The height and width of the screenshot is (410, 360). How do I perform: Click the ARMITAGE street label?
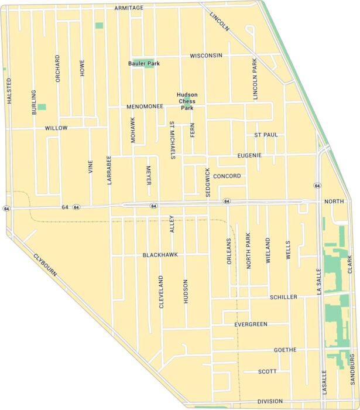(129, 8)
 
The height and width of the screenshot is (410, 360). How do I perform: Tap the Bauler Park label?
(144, 63)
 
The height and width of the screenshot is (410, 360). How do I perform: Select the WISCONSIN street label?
(205, 56)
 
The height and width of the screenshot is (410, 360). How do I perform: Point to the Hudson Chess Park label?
(187, 101)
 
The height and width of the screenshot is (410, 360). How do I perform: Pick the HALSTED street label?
(9, 91)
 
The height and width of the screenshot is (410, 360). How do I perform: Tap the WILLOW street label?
(56, 128)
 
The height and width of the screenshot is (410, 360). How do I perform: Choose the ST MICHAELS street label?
(172, 141)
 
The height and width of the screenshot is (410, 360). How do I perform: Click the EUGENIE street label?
(249, 156)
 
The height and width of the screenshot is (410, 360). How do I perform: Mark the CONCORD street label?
(227, 176)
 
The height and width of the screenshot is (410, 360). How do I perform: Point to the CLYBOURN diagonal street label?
(44, 266)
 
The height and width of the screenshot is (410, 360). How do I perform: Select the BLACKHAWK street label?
(160, 255)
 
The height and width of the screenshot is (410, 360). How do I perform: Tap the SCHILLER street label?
(284, 298)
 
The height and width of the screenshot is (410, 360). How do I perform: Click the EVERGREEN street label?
(251, 324)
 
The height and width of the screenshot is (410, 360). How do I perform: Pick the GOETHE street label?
(285, 350)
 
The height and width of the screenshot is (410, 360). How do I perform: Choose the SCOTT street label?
(267, 371)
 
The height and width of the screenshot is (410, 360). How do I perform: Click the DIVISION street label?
(270, 402)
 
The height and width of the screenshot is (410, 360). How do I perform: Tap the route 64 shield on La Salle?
(317, 186)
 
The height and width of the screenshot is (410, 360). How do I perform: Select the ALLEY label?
(172, 223)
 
